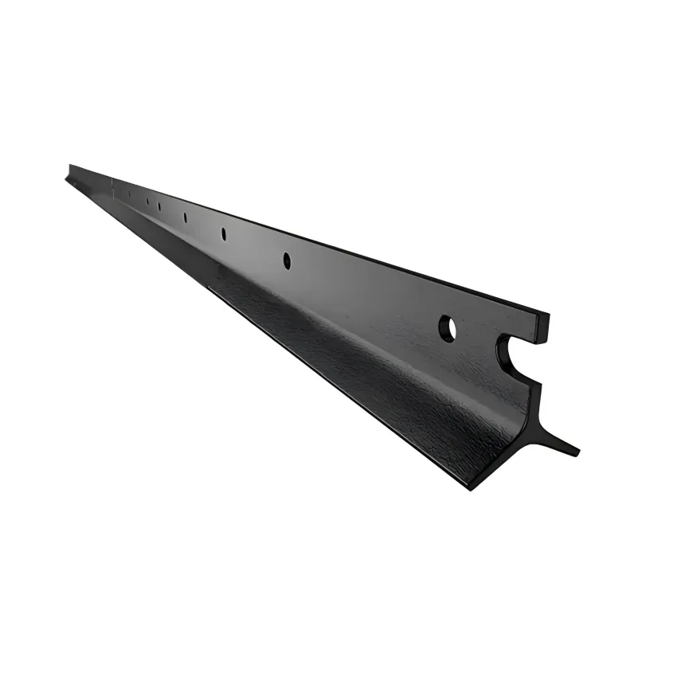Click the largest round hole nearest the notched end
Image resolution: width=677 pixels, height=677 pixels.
click(447, 328)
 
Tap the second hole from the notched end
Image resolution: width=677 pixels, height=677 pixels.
click(287, 260)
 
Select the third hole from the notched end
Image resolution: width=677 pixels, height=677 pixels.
click(223, 233)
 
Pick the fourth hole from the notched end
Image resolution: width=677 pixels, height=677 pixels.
click(185, 217)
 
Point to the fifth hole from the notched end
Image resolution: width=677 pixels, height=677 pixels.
click(159, 206)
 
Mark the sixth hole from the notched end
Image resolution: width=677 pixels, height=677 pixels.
click(147, 202)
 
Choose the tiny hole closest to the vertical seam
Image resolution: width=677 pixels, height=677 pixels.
click(129, 194)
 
